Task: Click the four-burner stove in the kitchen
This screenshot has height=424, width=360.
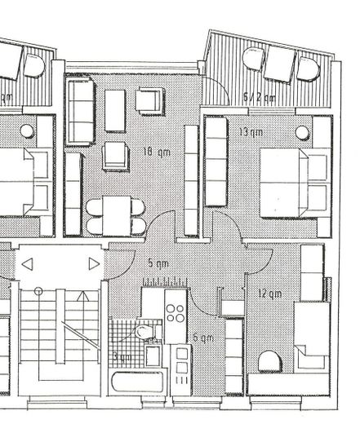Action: tap(176, 313)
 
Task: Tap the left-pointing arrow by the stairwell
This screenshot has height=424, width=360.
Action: tap(27, 264)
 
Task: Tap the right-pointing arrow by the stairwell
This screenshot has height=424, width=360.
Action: tap(94, 264)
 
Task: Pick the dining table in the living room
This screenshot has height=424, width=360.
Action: tap(115, 214)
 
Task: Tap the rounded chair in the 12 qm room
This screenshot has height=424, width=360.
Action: tap(270, 360)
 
